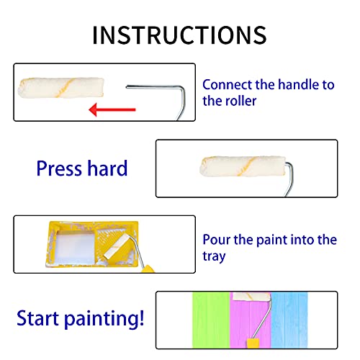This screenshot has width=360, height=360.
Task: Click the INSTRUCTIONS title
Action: tap(179, 34)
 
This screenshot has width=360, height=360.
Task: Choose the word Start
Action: tap(42, 317)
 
